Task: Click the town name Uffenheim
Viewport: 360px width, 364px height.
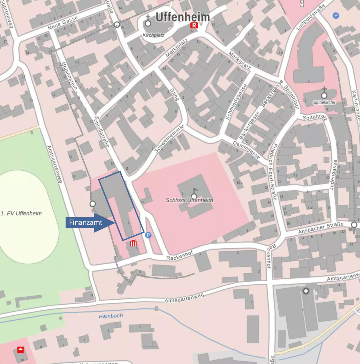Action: click(x=183, y=17)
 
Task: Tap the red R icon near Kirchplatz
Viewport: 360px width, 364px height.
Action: click(x=194, y=25)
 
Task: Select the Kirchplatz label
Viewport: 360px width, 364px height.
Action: click(x=153, y=35)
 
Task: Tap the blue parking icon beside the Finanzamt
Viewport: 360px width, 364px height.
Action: click(x=148, y=235)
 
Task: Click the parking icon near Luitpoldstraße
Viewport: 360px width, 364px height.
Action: click(x=336, y=16)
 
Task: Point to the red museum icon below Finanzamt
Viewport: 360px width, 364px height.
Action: click(x=133, y=243)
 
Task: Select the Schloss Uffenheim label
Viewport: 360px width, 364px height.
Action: click(x=189, y=200)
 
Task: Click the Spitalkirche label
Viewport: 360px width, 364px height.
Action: click(x=324, y=102)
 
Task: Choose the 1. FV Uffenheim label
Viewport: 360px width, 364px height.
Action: click(x=21, y=214)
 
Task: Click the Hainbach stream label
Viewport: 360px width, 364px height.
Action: click(x=111, y=316)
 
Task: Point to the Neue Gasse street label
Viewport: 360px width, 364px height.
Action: click(x=62, y=23)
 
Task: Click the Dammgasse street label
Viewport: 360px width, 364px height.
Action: click(x=246, y=150)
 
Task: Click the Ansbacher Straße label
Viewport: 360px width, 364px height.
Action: click(x=321, y=228)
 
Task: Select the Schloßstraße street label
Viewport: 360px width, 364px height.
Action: click(x=102, y=131)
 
